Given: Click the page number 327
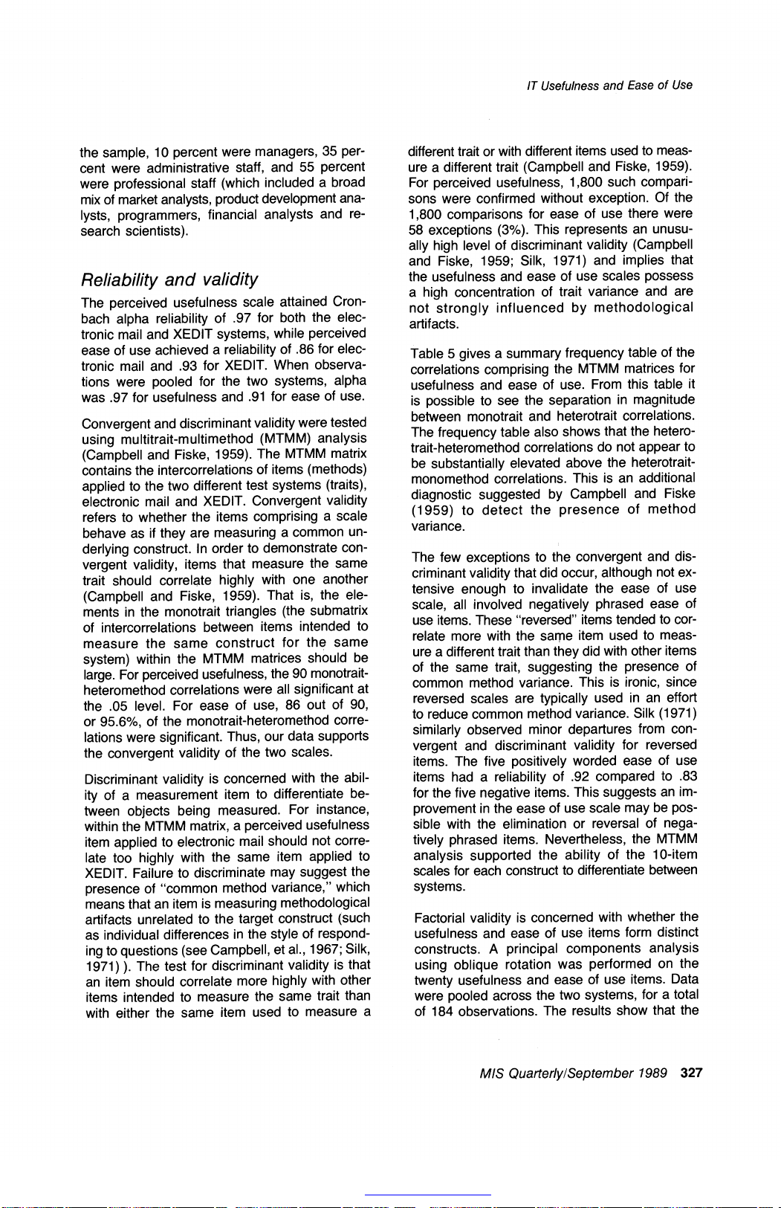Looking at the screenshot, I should (691, 1073).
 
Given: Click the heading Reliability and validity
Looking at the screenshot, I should (169, 280).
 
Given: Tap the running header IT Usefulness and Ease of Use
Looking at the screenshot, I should (609, 85).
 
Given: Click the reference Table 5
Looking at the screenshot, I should (432, 353).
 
